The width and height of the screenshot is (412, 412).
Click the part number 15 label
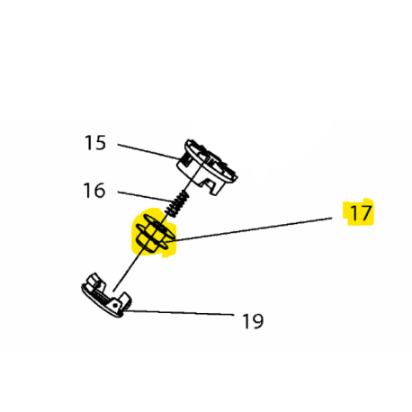coord(95,143)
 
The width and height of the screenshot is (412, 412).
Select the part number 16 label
coord(94,191)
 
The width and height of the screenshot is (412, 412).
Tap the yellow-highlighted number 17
coord(361,213)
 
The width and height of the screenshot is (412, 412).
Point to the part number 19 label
coord(253,321)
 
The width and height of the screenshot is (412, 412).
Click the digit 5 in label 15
coord(101,143)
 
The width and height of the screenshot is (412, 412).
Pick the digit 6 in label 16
coord(99,191)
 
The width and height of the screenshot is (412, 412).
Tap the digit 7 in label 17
coord(367,213)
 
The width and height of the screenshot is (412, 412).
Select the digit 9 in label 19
coord(258,321)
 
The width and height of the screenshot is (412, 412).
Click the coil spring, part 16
coord(178,204)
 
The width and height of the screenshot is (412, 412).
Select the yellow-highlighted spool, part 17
coord(155,232)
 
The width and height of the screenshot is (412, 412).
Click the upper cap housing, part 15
coord(207,166)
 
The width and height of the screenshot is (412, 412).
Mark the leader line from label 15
coord(149,151)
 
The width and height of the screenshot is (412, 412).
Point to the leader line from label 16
coord(145,196)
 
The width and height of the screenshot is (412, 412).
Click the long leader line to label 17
coord(253,229)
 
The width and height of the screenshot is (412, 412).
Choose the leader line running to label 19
coord(179,313)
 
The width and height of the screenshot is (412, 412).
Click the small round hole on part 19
coord(114,305)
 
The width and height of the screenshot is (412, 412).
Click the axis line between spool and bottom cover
coord(130,269)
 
